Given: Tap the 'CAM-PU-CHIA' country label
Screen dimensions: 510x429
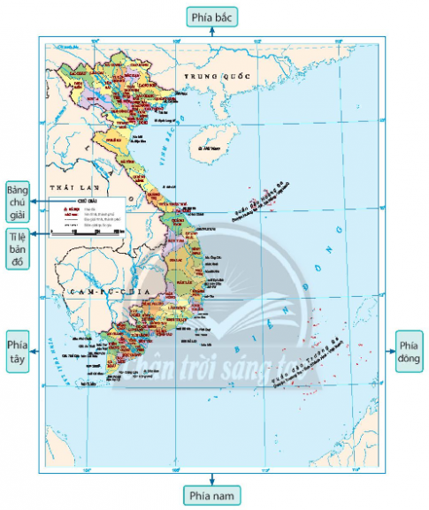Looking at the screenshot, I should click(102, 291).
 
